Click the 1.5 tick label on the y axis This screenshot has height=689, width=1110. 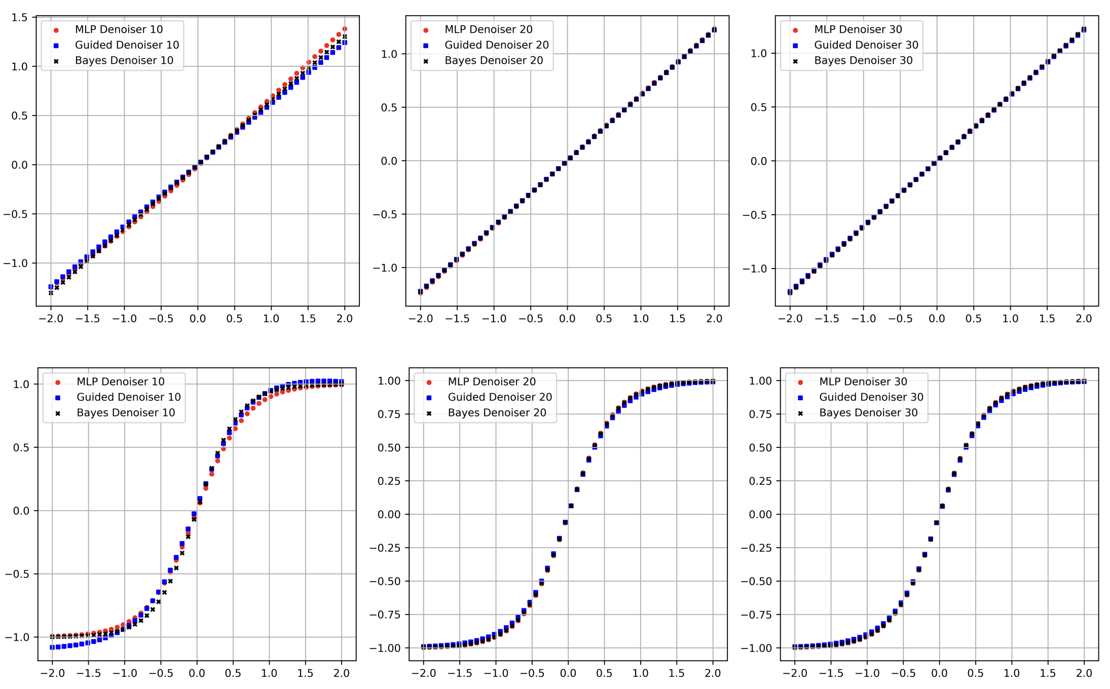20,18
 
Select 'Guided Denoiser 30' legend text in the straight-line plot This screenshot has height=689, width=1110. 866,45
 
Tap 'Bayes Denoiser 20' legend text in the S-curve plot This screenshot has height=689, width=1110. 497,413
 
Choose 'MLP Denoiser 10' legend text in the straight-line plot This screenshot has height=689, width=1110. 119,29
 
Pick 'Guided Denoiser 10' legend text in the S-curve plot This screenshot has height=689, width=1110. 128,397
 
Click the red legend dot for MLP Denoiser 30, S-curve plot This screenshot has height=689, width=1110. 800,382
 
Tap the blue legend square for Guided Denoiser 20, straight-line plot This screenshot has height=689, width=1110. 426,46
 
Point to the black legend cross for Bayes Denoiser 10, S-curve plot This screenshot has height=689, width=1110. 58,413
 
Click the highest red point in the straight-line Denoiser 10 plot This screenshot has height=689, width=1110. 345,29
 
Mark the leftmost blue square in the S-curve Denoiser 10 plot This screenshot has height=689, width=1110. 52,647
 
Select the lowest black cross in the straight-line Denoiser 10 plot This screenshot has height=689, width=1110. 51,293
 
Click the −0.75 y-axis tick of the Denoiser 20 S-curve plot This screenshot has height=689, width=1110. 386,615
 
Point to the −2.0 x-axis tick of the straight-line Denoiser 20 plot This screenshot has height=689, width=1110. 420,319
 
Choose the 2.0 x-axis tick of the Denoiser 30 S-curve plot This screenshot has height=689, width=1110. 1084,673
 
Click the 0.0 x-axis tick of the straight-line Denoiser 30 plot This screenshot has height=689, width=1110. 937,319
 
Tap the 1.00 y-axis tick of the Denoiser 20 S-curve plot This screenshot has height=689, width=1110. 389,381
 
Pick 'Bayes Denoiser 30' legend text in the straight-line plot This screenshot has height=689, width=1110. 863,61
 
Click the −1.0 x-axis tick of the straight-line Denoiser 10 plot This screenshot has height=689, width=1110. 124,319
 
